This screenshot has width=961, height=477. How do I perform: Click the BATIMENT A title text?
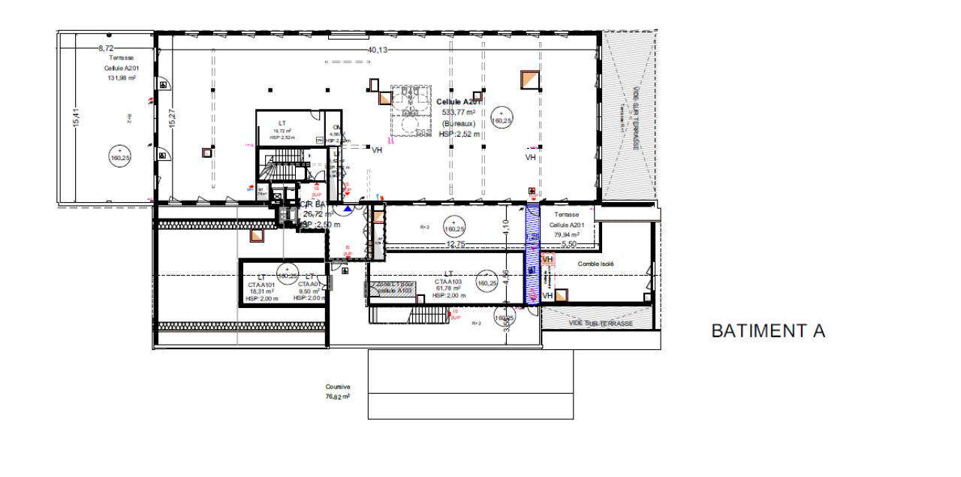(768, 331)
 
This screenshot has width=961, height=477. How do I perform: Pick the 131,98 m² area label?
(120, 77)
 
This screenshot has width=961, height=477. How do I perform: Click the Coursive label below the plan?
(337, 388)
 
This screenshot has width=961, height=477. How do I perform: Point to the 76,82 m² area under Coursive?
(337, 397)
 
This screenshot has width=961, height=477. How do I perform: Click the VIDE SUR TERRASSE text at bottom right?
(601, 322)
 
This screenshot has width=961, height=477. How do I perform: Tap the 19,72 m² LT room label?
(282, 130)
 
